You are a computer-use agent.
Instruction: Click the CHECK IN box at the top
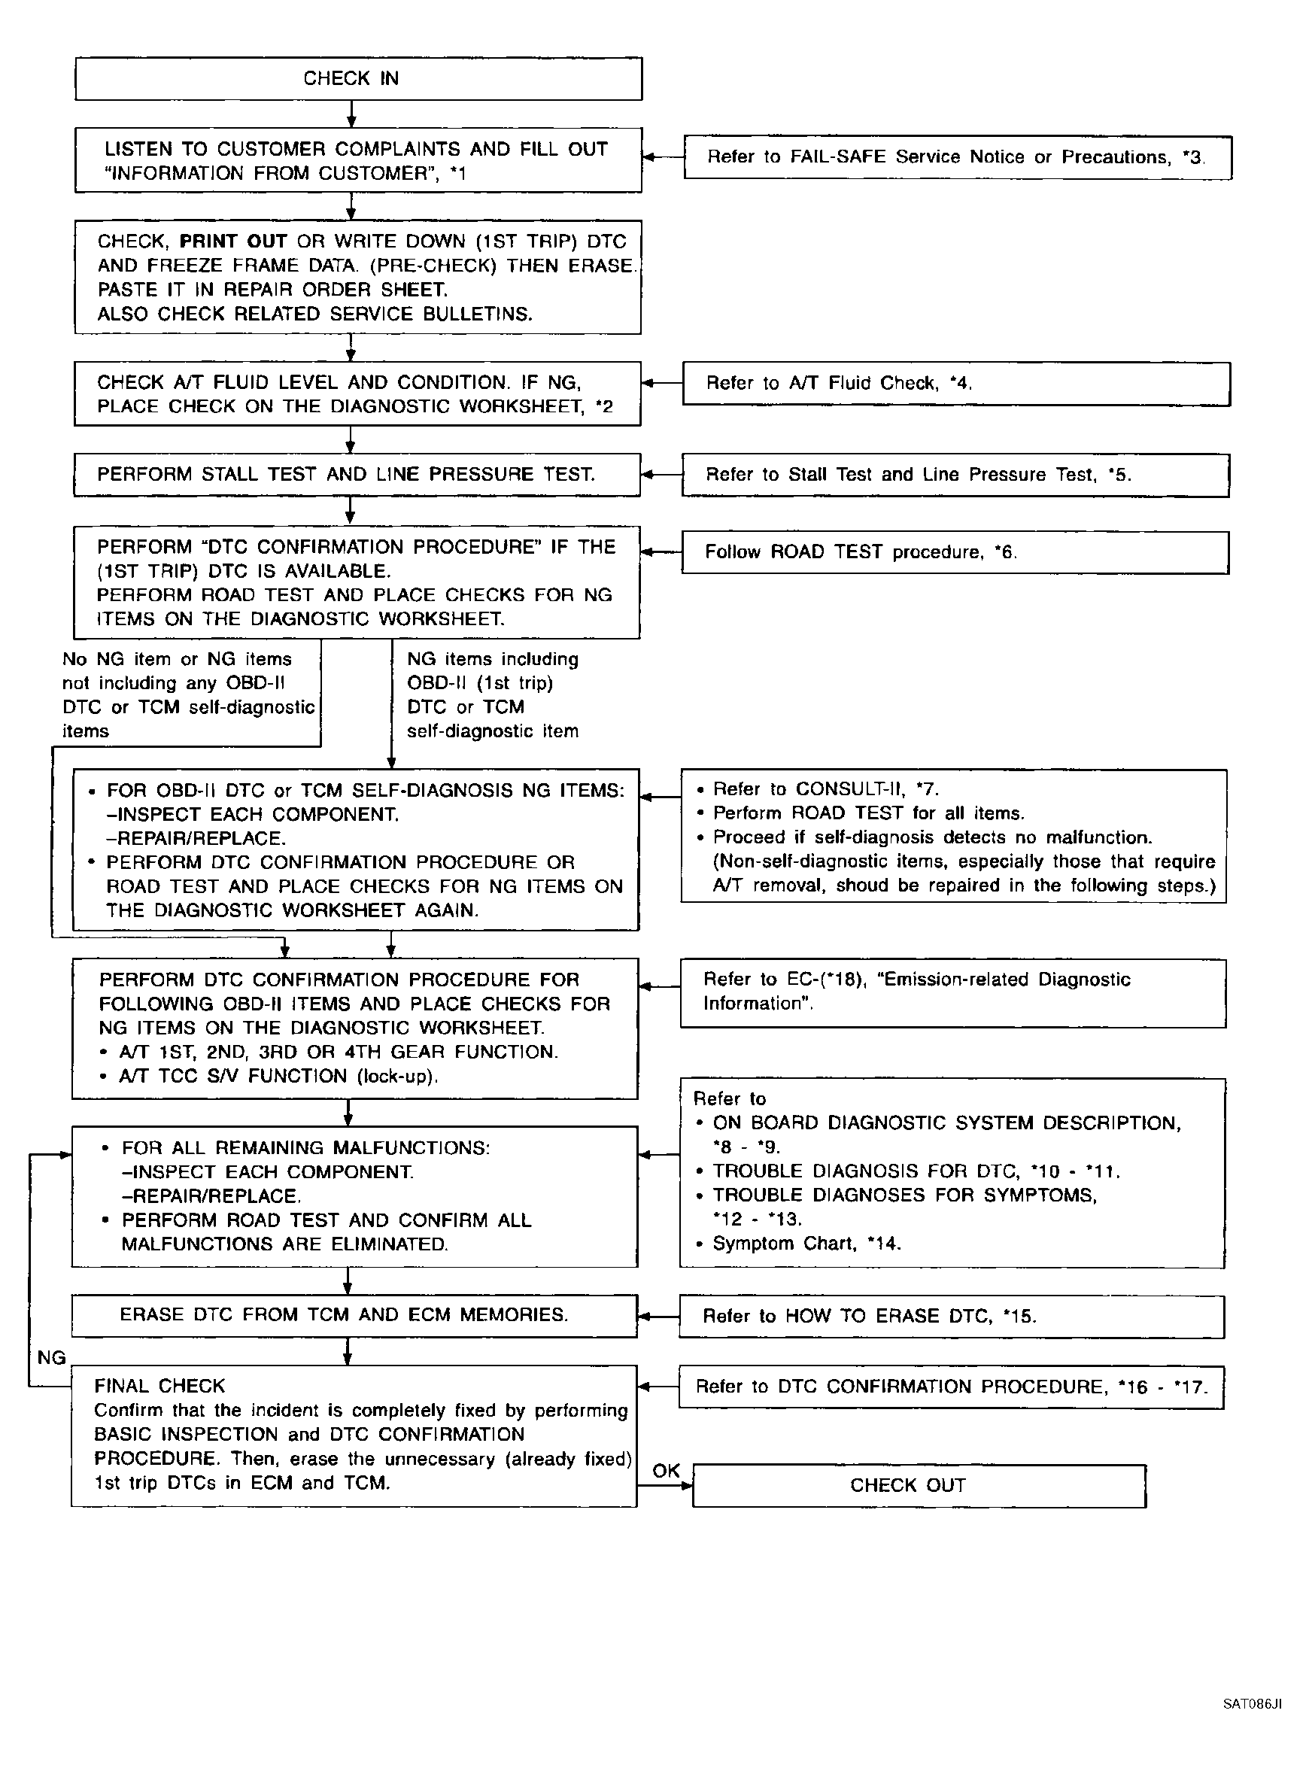point(358,78)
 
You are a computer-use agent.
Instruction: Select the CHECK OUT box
point(919,1485)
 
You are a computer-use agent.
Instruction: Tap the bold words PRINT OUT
point(233,242)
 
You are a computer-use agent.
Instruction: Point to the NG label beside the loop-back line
point(51,1358)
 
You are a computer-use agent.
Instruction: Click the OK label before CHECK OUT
point(666,1471)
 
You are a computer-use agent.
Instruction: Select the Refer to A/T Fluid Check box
point(955,384)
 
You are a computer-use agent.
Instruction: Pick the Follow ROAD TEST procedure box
point(955,552)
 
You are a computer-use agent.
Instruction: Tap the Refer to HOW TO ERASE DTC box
point(951,1317)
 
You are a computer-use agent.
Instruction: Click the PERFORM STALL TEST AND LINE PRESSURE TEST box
point(357,475)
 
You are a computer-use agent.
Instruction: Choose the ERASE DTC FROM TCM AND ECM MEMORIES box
point(354,1315)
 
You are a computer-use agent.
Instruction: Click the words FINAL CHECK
point(159,1386)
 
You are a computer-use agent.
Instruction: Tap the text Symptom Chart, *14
point(806,1243)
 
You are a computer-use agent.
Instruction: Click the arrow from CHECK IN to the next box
point(351,115)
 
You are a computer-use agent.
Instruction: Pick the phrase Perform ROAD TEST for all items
point(868,813)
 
